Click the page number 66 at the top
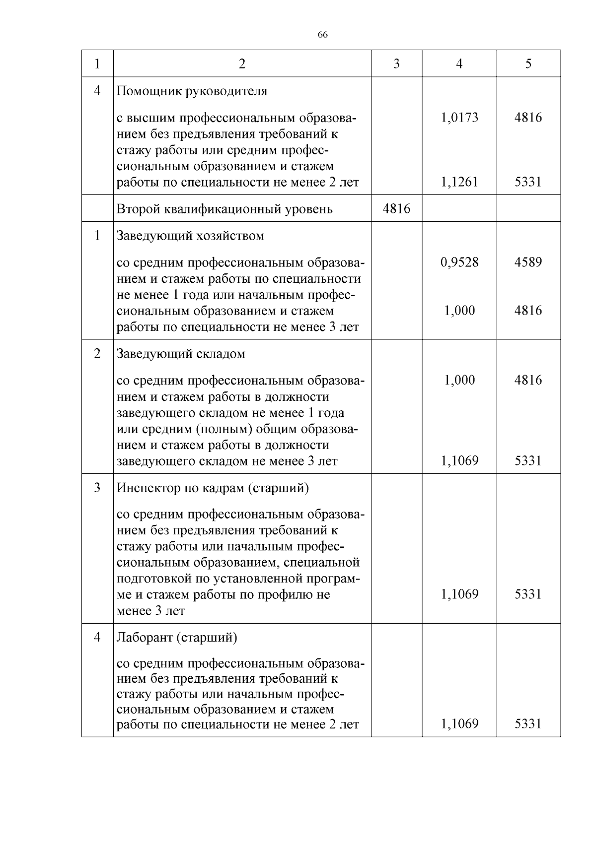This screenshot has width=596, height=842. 322,35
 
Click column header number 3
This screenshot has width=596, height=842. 396,64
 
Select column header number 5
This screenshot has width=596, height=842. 528,64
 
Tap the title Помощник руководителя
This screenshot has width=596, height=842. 192,91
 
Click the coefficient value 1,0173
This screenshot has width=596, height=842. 459,118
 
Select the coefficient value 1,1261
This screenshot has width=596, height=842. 459,182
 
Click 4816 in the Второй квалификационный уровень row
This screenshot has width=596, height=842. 396,208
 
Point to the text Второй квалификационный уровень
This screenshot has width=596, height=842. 224,209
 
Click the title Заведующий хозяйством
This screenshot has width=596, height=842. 190,236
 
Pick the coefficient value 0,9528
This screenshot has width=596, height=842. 459,262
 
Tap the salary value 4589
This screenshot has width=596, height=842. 528,262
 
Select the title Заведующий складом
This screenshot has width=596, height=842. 181,354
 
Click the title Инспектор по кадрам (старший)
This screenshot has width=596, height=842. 213,488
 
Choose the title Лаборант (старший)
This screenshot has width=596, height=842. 177,638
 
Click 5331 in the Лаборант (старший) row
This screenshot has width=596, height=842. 528,724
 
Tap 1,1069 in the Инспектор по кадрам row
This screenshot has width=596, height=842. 459,594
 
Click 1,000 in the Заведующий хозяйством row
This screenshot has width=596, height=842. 459,311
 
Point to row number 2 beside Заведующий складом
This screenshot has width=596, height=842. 97,354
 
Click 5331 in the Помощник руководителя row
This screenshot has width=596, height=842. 528,182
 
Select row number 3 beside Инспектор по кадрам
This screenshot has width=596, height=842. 97,488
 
